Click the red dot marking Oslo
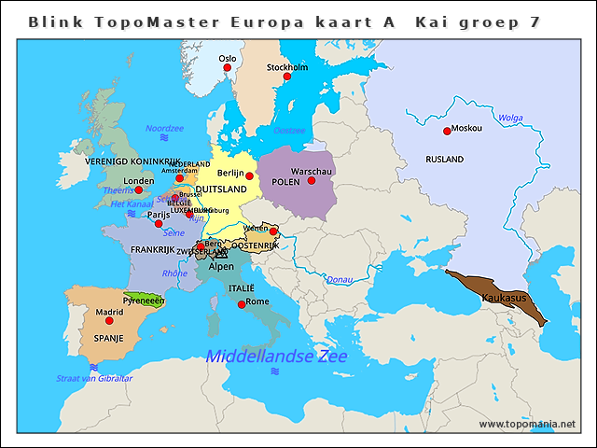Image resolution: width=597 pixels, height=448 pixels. (x=227, y=67)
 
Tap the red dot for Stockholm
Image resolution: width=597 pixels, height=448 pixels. (x=286, y=77)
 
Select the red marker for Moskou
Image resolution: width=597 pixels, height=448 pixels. (x=444, y=131)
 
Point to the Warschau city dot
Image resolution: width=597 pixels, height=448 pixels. (x=311, y=180)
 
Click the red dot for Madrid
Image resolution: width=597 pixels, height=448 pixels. (x=109, y=320)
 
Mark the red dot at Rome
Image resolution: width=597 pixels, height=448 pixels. (x=242, y=304)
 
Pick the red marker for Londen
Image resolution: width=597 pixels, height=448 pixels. (x=139, y=189)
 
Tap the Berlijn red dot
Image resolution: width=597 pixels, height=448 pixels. (x=249, y=175)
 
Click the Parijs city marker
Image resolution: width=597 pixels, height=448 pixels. (x=159, y=223)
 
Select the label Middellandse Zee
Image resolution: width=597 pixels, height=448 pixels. (x=276, y=357)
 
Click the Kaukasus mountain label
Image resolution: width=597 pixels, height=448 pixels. (x=505, y=297)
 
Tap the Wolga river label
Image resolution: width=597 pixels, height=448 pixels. (x=510, y=119)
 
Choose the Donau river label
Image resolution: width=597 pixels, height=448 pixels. (x=340, y=279)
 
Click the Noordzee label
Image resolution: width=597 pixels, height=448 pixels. (x=164, y=128)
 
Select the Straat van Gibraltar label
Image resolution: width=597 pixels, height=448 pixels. (x=94, y=378)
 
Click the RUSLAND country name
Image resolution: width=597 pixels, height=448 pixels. (x=444, y=160)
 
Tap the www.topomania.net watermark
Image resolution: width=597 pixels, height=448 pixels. (x=527, y=425)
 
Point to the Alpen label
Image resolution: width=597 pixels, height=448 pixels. (x=221, y=266)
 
